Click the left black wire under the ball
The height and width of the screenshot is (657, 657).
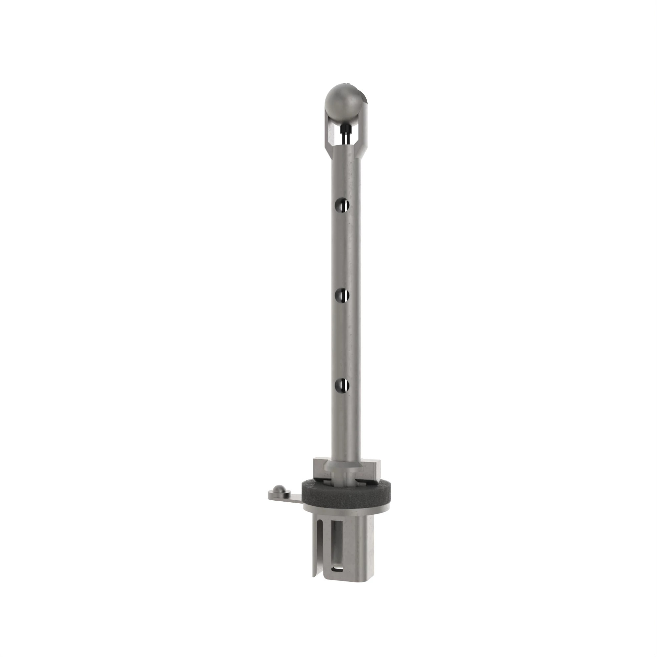(344, 137)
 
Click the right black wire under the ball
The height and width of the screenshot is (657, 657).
(348, 137)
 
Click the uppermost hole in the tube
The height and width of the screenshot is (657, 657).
(342, 204)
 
